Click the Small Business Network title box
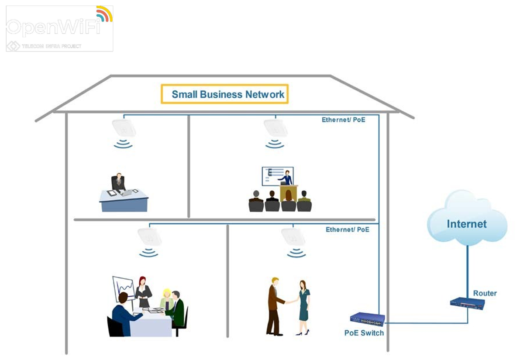225,94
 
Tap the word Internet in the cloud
466,224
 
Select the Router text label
485,293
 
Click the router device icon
468,304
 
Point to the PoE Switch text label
364,333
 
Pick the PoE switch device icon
367,319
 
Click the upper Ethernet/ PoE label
343,120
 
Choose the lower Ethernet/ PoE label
347,230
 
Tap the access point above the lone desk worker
124,127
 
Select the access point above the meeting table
149,237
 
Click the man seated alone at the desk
118,182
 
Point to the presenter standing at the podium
287,178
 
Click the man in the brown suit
275,305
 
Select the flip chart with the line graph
123,288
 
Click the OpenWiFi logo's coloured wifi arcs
104,14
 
